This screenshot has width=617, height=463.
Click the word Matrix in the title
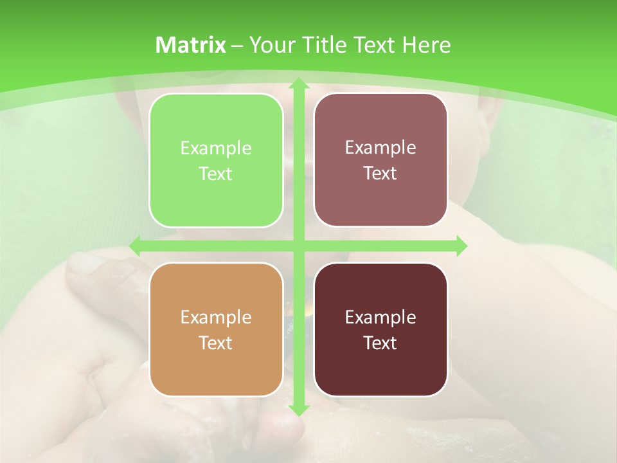191,45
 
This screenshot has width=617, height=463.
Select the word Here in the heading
426,45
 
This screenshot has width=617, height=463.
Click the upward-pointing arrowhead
298,84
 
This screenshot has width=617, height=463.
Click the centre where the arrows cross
298,246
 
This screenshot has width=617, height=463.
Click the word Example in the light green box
216,149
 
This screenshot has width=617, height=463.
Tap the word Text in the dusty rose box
380,174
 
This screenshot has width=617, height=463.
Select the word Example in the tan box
216,318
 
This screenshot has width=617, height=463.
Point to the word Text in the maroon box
380,343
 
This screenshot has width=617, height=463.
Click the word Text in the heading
373,45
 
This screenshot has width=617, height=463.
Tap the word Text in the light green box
216,174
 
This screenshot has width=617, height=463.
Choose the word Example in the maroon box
380,318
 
